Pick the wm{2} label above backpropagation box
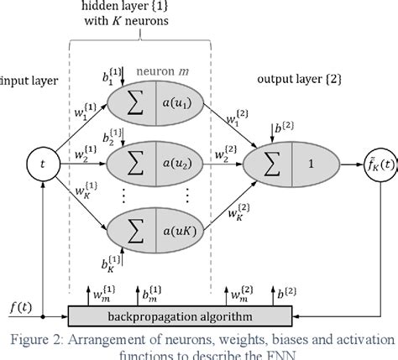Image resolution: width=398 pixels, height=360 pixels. coord(241,294)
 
